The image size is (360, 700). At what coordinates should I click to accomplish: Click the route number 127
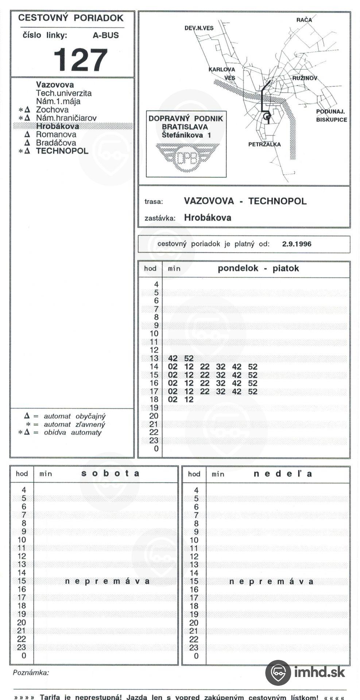[x=81, y=60]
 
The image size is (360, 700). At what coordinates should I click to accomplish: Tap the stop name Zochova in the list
[x=52, y=109]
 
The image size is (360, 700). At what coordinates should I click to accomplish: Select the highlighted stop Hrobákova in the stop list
[x=57, y=126]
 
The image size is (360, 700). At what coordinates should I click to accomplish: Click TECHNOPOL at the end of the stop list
[x=62, y=151]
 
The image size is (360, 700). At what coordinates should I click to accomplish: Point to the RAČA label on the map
[x=304, y=20]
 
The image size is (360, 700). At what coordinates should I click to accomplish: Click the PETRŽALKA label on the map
[x=264, y=144]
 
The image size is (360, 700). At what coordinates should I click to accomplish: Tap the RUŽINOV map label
[x=305, y=78]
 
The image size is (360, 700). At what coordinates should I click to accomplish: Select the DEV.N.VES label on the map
[x=199, y=28]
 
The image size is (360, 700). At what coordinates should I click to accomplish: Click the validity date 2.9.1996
[x=297, y=244]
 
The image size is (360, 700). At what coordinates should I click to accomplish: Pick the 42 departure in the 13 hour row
[x=173, y=358]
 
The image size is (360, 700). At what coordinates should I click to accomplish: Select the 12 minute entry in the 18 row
[x=189, y=400]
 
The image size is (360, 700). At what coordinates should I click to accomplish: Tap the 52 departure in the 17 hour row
[x=252, y=392]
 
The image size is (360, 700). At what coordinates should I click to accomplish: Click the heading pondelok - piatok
[x=258, y=268]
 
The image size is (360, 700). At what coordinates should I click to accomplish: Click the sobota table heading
[x=110, y=473]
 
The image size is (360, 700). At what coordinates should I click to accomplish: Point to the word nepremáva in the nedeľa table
[x=271, y=582]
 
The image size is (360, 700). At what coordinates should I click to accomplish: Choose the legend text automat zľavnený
[x=74, y=424]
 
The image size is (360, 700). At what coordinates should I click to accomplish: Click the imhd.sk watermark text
[x=319, y=672]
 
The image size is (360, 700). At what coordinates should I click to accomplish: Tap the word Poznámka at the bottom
[x=31, y=673]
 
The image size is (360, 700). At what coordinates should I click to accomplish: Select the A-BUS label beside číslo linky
[x=106, y=35]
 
